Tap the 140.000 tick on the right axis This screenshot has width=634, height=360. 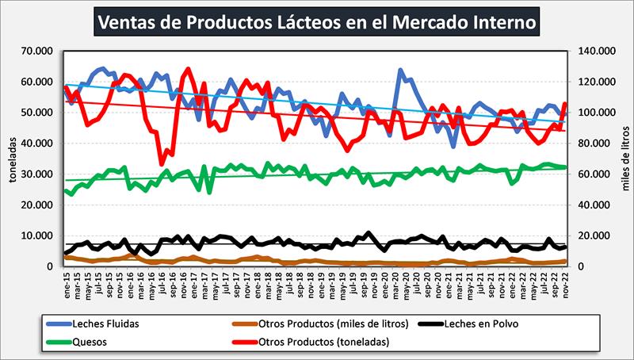tap(598, 51)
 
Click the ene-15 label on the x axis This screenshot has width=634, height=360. tap(67, 282)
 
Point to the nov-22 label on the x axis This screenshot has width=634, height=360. tap(565, 282)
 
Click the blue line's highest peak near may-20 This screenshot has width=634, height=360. tap(400, 70)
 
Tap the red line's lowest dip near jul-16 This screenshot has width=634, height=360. tap(161, 164)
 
